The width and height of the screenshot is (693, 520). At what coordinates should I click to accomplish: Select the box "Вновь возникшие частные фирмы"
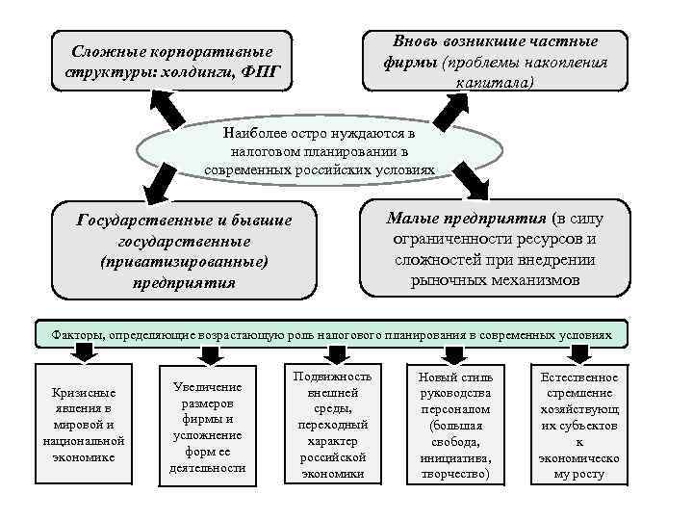496,62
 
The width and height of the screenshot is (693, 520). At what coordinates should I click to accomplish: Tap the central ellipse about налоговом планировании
319,149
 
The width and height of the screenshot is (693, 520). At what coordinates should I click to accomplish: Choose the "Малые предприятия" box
495,247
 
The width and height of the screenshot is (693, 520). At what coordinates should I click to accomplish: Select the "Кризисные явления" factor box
85,425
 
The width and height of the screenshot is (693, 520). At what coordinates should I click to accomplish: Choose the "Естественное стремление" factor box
578,423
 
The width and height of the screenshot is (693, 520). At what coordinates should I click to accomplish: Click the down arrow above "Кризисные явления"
85,353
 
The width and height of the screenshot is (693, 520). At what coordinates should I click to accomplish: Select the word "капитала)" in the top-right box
495,83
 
